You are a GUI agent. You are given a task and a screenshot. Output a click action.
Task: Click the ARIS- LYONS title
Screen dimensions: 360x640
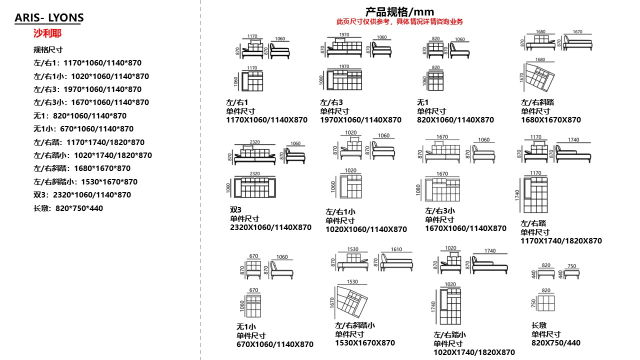49,18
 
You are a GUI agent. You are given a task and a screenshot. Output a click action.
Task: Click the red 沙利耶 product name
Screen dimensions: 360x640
47,33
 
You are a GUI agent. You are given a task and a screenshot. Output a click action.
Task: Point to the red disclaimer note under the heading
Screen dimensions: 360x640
399,21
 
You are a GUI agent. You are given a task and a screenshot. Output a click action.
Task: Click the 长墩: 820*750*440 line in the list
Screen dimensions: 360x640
68,208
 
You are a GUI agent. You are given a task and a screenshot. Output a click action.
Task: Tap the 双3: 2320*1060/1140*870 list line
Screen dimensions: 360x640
82,195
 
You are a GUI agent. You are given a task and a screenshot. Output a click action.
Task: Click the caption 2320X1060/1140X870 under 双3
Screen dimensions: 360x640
270,227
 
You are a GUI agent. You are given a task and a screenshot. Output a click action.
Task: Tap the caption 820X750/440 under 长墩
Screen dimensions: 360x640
556,343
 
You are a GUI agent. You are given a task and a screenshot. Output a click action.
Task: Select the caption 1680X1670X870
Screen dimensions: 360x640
551,120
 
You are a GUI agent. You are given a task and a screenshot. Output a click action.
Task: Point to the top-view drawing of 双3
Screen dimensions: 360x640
255,187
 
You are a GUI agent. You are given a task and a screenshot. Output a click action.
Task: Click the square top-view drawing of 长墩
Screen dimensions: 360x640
546,303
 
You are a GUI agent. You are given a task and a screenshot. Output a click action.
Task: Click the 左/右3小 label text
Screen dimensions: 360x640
440,211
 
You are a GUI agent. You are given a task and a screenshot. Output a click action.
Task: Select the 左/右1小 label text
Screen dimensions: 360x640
340,212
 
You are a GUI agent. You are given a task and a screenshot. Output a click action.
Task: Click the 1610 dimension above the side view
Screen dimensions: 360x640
396,249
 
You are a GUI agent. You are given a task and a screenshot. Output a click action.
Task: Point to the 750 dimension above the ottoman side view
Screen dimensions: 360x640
571,266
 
